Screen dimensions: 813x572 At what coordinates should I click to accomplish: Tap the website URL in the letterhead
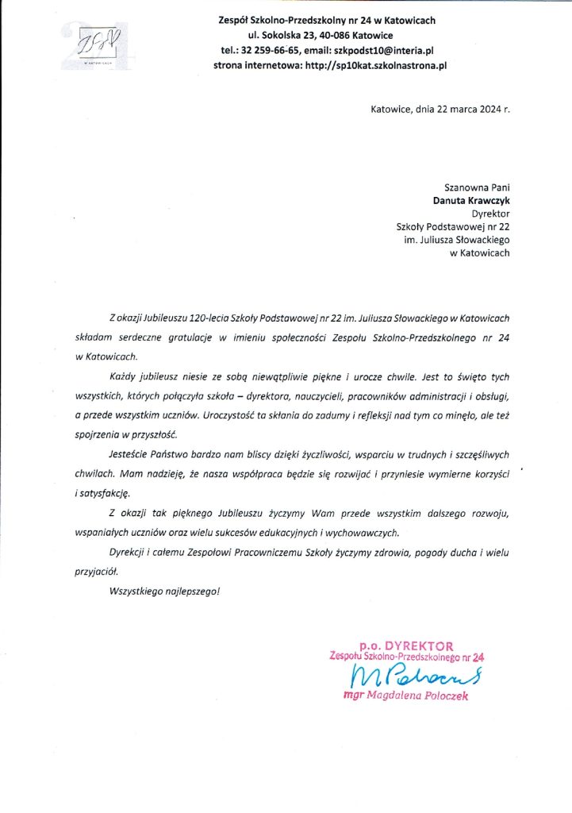[x=376, y=66]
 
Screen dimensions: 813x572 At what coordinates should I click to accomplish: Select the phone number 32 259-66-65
[x=265, y=51]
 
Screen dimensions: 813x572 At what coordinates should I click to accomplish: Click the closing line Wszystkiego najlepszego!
[x=164, y=591]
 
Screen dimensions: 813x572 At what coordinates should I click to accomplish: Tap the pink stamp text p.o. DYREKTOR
[x=405, y=646]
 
